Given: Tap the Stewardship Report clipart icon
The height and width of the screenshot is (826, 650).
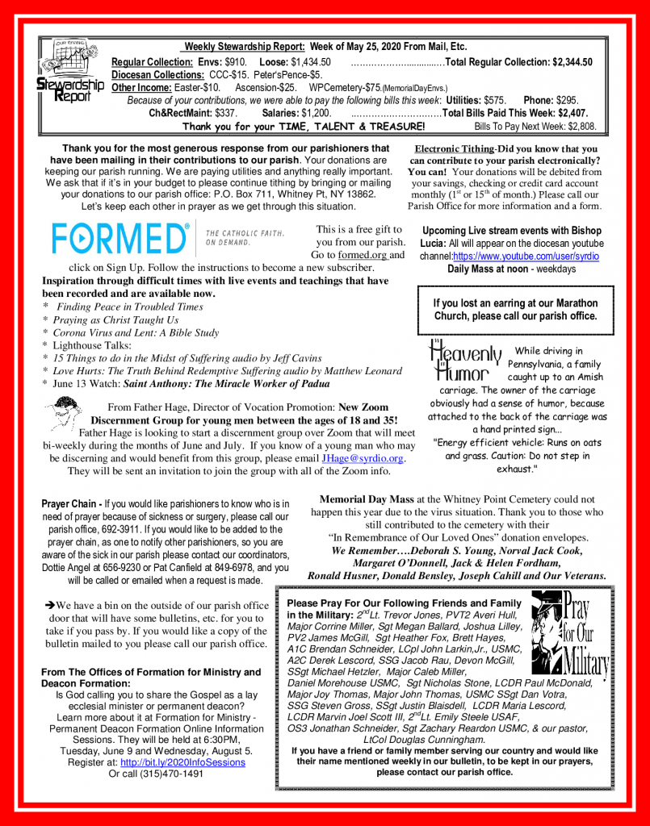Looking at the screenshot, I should (x=69, y=73).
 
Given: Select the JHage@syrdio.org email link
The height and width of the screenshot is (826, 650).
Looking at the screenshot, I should (x=363, y=458).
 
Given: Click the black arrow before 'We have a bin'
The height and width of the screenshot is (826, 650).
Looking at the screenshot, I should (x=49, y=604).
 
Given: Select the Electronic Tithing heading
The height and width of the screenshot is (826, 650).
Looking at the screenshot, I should (x=454, y=149).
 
